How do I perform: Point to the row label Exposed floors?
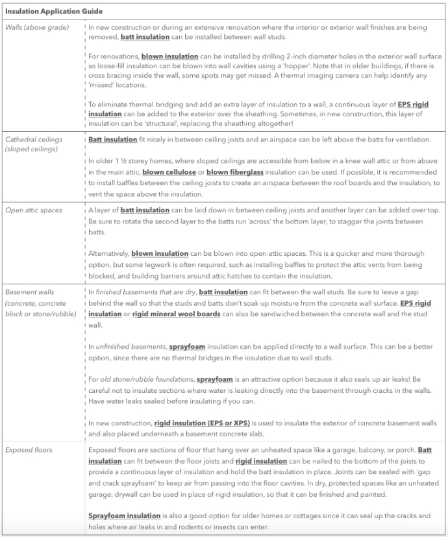pos(29,449)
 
